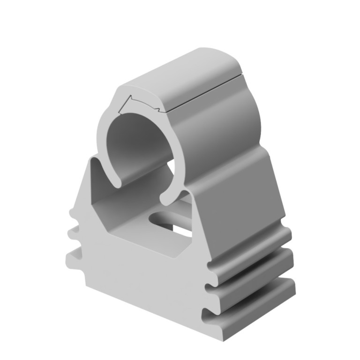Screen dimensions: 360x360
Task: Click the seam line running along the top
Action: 206,89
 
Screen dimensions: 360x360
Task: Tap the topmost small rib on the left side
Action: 74,213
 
